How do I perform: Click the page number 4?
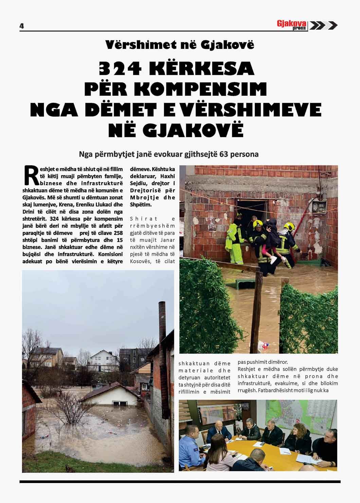tap(22, 26)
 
